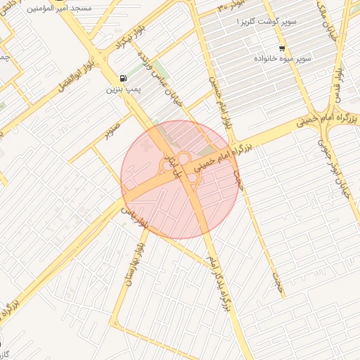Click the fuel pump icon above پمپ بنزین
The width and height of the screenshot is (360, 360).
coord(124,78)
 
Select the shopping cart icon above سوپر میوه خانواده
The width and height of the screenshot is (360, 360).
coord(282,49)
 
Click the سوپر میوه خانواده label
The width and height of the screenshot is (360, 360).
coord(284,59)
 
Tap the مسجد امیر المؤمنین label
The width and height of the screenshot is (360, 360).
coord(60,11)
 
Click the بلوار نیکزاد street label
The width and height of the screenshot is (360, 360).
coord(124,48)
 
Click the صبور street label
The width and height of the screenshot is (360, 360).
coord(113,130)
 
